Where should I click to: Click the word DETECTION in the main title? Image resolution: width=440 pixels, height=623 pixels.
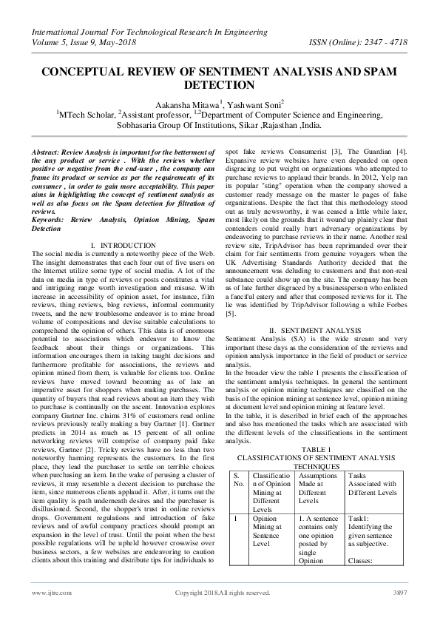[220, 84]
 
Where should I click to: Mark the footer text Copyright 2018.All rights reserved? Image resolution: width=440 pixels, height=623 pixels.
[222, 593]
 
